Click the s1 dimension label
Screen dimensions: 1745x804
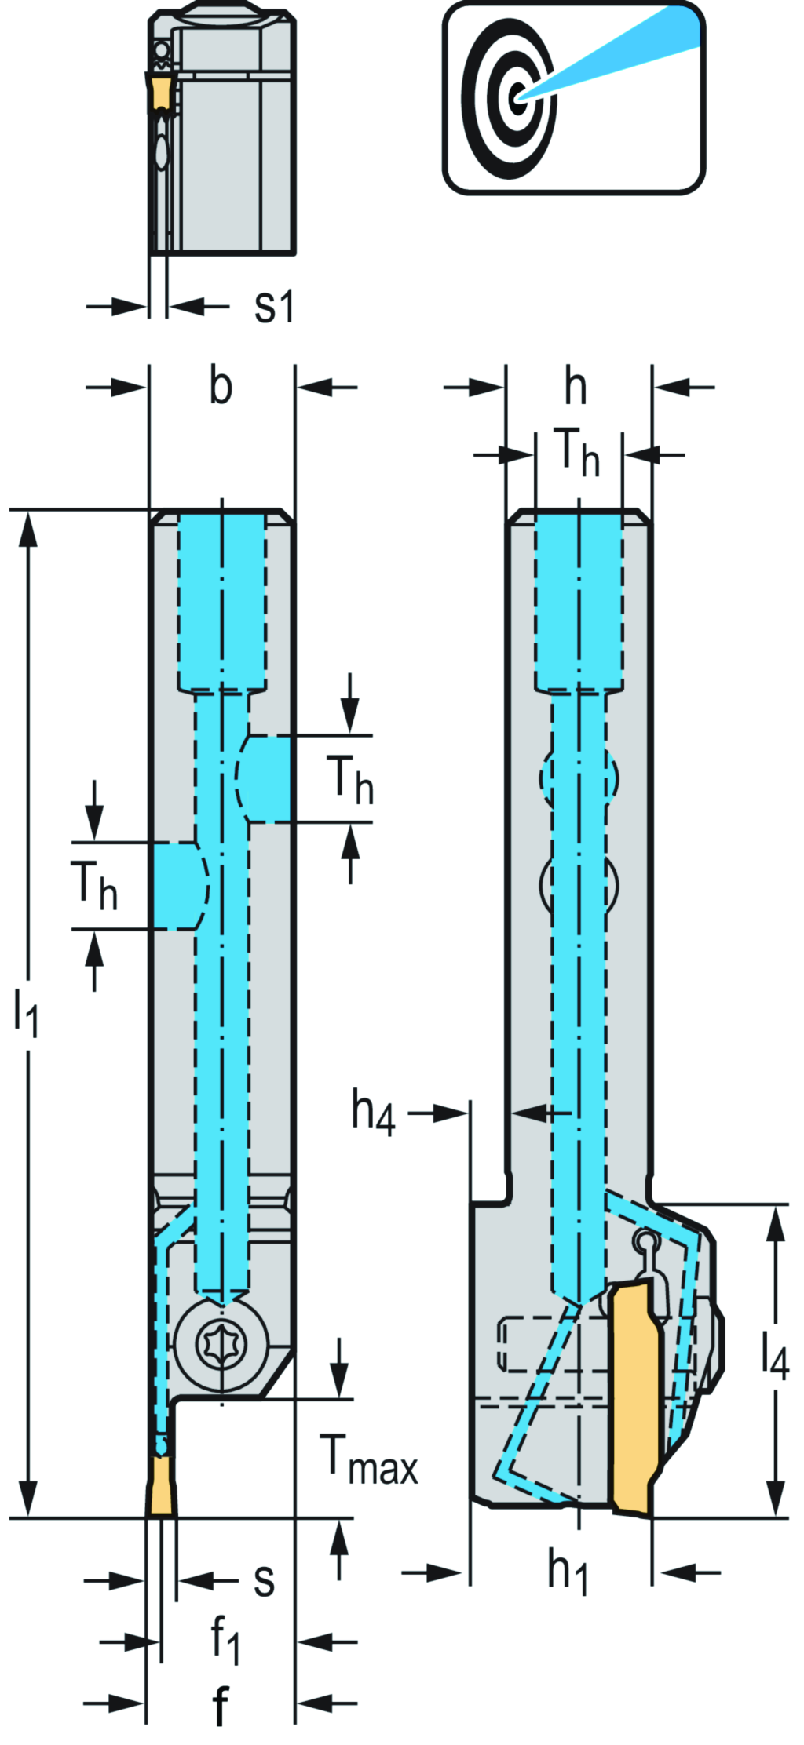coord(274,306)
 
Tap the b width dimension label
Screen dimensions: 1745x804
coord(221,386)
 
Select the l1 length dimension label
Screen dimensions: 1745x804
coord(25,1012)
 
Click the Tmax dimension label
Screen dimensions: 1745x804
coord(367,1459)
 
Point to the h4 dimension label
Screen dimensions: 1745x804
coord(373,1112)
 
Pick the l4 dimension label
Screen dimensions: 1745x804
coord(774,1354)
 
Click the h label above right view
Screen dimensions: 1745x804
coord(576,386)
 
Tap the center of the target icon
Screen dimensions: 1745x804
coord(516,98)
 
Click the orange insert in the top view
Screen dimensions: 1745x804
coord(161,93)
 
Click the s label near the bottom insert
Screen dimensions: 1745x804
coord(264,1579)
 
